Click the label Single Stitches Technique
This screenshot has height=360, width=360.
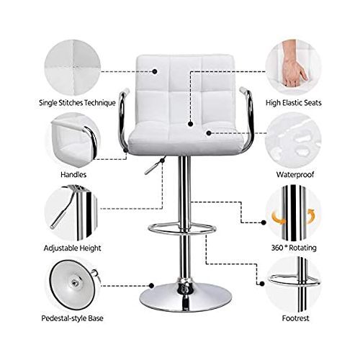point(77,103)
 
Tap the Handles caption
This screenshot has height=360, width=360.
point(73,174)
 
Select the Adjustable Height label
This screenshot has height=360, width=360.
point(72,248)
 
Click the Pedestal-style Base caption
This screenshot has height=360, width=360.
point(72,318)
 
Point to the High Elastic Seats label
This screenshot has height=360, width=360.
point(293,103)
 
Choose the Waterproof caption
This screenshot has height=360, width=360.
point(295,174)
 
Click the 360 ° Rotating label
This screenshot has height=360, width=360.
point(294,248)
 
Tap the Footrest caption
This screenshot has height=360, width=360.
point(295,318)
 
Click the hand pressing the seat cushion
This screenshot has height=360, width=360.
point(294,64)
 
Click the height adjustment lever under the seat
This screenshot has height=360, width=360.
point(154,166)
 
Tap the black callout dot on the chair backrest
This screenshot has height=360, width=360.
point(155,71)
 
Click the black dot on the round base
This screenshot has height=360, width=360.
point(151,286)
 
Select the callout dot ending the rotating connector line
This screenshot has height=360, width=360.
point(264,222)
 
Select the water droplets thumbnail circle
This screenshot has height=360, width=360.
point(293,140)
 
